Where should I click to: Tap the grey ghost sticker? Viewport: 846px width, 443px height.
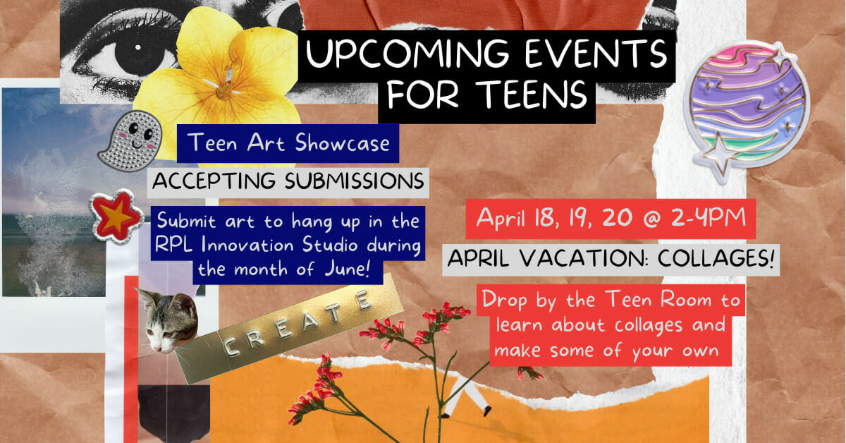pos(133,140)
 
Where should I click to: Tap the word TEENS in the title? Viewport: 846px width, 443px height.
pos(532,94)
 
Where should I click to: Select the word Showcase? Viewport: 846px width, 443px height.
pos(342,143)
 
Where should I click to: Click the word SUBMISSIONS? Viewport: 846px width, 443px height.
pos(354,181)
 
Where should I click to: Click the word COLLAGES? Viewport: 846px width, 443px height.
pos(716,259)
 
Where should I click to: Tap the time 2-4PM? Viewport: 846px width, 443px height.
pos(709,218)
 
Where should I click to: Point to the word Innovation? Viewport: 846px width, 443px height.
pos(247,245)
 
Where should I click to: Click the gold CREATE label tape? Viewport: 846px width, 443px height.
pos(289,328)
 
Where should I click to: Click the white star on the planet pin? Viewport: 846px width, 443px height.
pos(721,154)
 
